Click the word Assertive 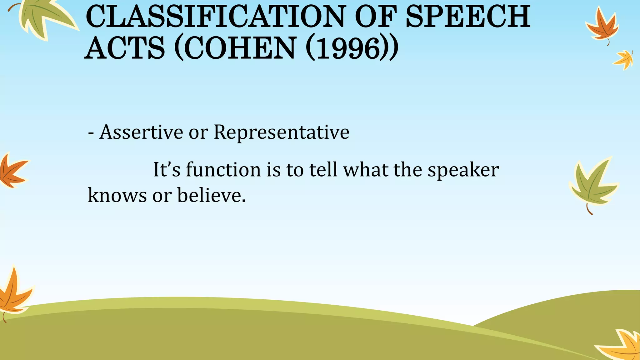(x=141, y=132)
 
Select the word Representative (x=281, y=132)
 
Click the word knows (x=117, y=195)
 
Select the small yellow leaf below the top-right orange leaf (x=624, y=59)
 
